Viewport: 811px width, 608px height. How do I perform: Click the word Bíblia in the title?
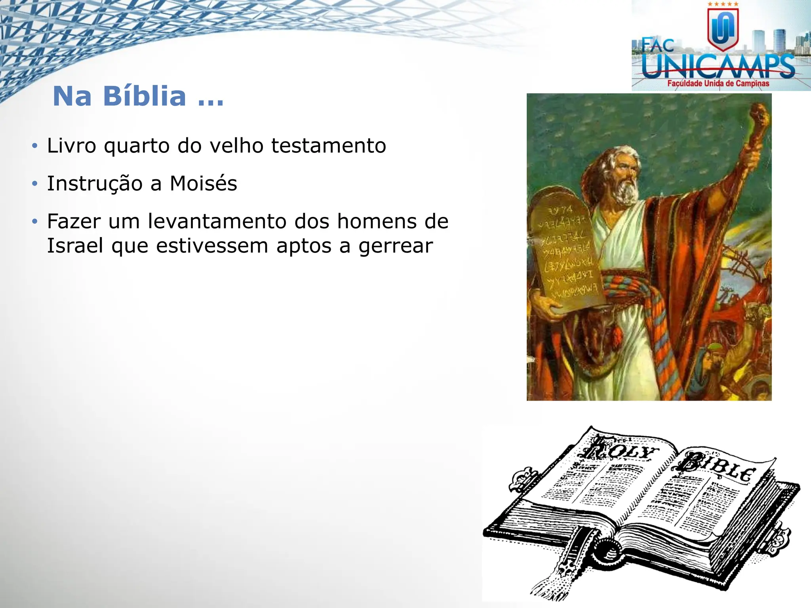click(x=144, y=96)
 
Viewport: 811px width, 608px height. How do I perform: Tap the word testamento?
click(x=328, y=146)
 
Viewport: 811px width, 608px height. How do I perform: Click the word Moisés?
click(x=203, y=184)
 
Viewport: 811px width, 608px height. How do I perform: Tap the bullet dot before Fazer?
click(x=35, y=221)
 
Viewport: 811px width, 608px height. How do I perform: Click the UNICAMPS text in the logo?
click(x=718, y=66)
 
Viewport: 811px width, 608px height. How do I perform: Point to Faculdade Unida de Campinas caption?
click(x=718, y=84)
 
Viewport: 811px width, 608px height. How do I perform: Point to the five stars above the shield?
click(x=723, y=4)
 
